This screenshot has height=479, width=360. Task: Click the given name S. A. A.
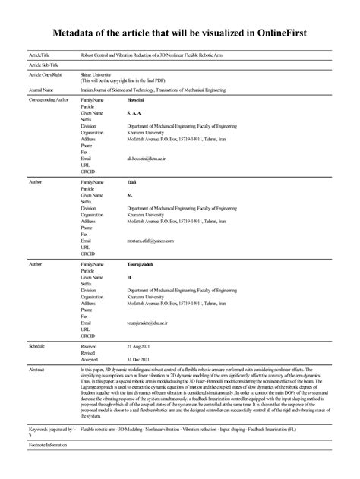tap(135, 112)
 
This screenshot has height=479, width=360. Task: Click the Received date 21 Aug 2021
tap(141, 345)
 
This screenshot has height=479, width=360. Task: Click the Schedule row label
tap(37, 345)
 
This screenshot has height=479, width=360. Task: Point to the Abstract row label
tap(36, 369)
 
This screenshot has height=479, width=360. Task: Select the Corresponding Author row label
tap(48, 100)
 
